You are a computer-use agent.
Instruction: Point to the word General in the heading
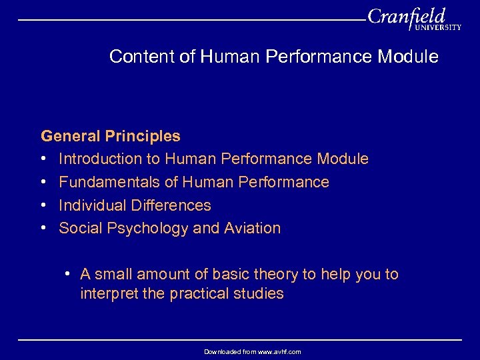(x=69, y=136)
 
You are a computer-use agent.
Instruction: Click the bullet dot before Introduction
(x=43, y=159)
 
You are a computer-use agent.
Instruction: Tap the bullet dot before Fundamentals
(x=43, y=182)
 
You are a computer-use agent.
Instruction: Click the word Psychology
(x=144, y=229)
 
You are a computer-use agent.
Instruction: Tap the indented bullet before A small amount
(x=69, y=274)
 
